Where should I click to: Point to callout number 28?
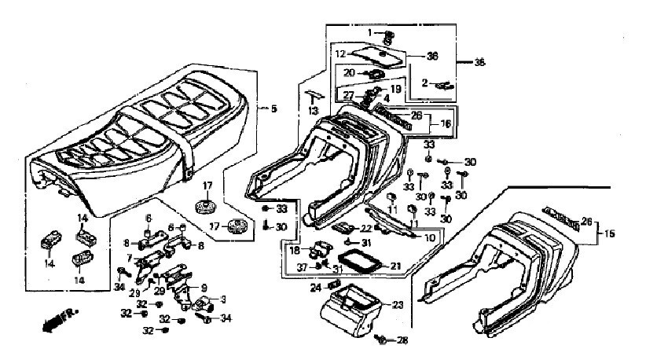point(402,340)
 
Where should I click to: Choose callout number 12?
point(340,55)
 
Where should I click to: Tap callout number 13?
point(314,112)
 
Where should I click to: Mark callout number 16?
point(445,124)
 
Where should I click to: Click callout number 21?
point(395,266)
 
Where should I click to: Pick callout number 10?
point(429,237)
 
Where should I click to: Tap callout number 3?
point(223,299)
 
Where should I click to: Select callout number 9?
point(204,288)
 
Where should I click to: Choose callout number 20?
point(347,72)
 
